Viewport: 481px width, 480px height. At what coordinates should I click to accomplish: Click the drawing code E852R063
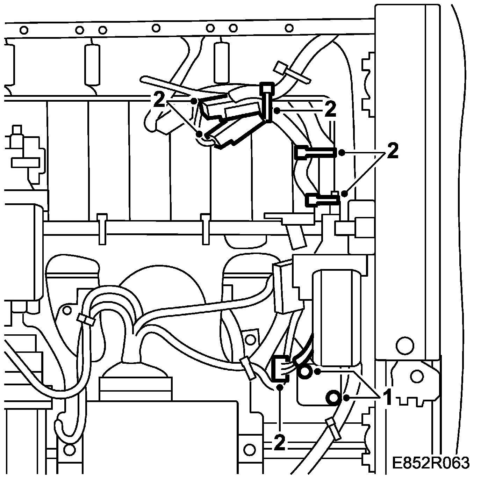(430, 463)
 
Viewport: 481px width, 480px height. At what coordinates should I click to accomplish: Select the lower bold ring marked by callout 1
(332, 397)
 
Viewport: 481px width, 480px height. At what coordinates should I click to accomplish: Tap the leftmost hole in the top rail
(24, 30)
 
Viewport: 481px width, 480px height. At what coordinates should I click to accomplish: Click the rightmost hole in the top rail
(289, 28)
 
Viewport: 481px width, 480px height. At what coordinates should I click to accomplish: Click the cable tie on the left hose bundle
(86, 318)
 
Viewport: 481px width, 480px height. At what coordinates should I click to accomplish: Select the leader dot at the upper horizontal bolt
(342, 152)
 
